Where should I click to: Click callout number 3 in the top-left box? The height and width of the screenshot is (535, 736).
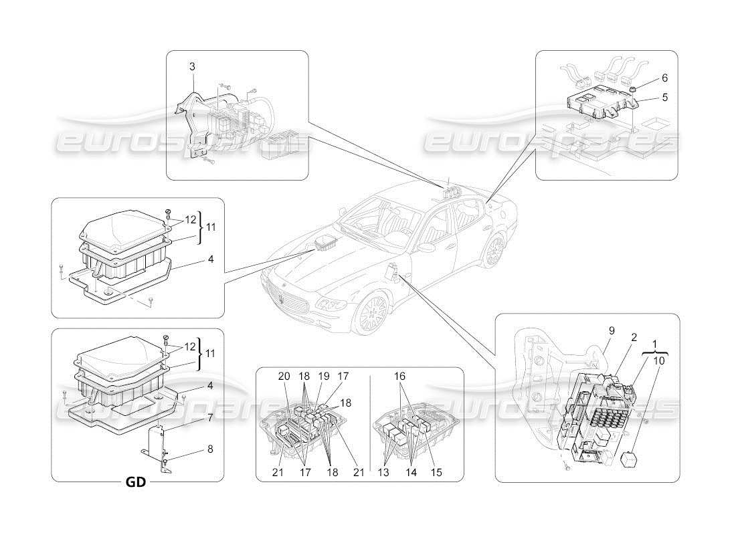coord(192,66)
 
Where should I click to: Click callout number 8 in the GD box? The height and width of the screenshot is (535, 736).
coord(209,449)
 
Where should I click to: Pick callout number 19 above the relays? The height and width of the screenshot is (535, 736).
coord(323,377)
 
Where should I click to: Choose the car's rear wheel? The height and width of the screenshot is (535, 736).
coord(494,251)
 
